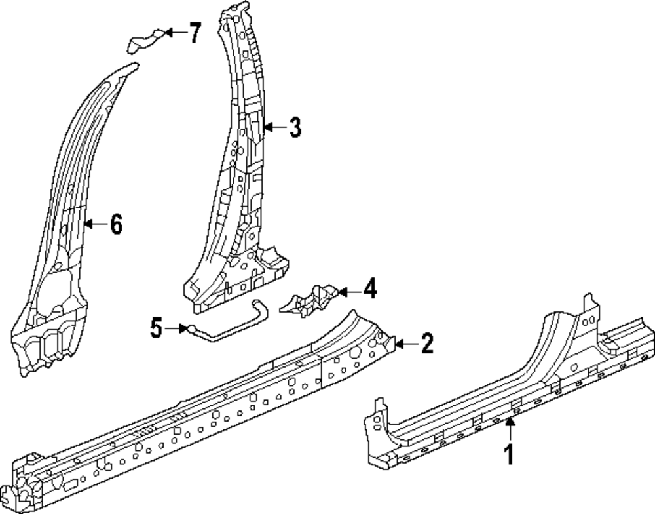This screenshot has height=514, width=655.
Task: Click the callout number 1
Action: pyautogui.click(x=510, y=454)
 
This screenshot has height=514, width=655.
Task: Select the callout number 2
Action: pyautogui.click(x=426, y=343)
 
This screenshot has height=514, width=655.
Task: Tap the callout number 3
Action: pyautogui.click(x=295, y=127)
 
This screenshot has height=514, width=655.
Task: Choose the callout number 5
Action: pyautogui.click(x=156, y=327)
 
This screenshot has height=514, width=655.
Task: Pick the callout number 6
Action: pyautogui.click(x=115, y=224)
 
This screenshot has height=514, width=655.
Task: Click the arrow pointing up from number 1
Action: pyautogui.click(x=510, y=430)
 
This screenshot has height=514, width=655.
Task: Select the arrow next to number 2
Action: pyautogui.click(x=404, y=343)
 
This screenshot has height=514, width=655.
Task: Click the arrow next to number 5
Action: pyautogui.click(x=177, y=328)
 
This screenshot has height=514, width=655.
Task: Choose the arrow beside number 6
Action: pyautogui.click(x=94, y=224)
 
